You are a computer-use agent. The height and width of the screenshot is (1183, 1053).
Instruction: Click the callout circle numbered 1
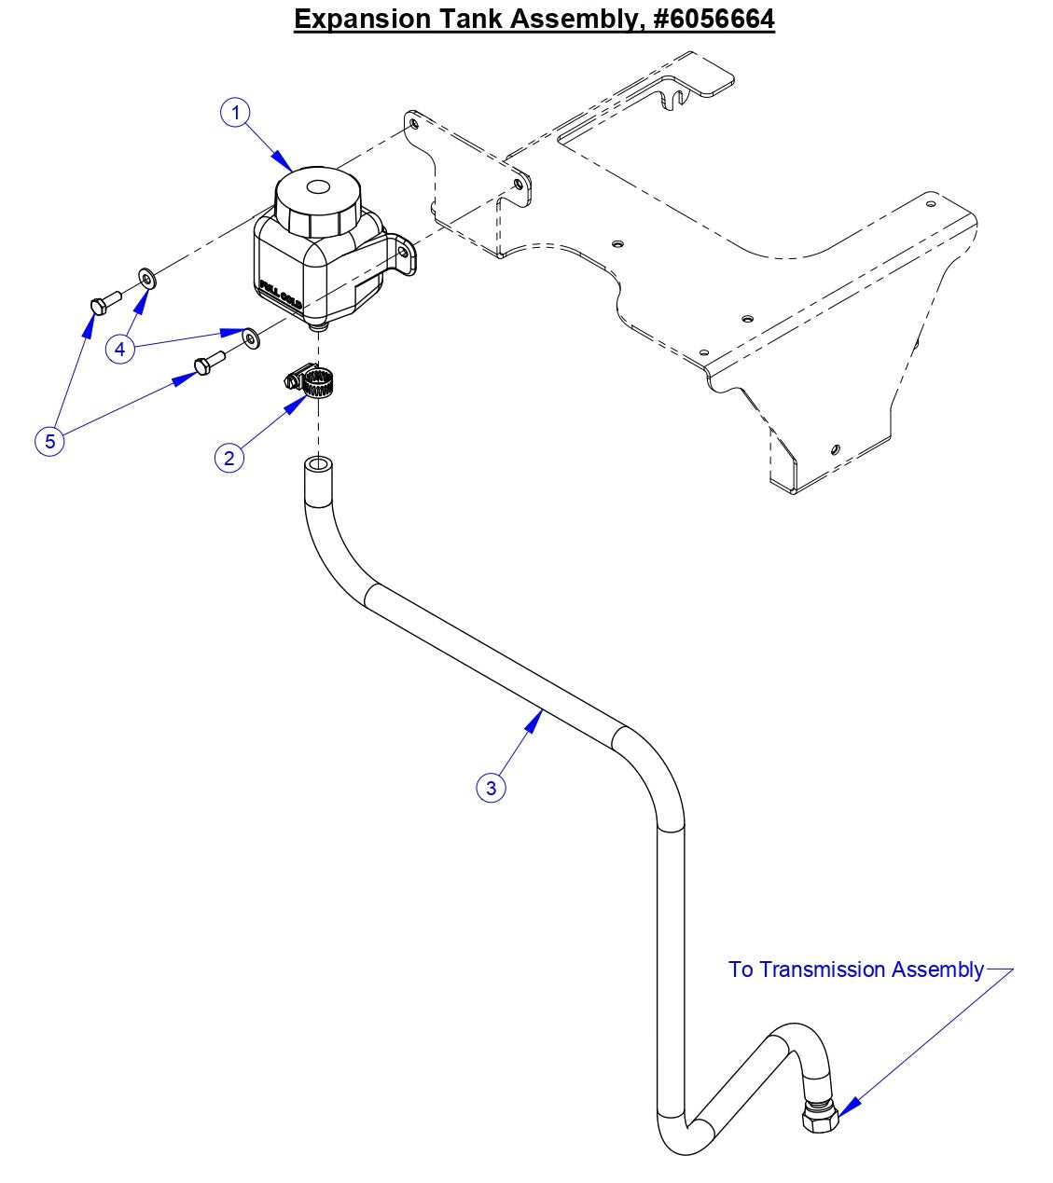tap(236, 113)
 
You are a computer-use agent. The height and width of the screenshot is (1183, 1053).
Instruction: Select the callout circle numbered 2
tap(229, 458)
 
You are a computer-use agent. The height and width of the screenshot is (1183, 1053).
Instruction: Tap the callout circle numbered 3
tap(492, 788)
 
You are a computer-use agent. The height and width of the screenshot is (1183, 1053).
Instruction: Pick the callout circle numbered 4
tap(120, 350)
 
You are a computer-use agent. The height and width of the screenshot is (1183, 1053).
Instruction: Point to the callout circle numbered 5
tap(50, 441)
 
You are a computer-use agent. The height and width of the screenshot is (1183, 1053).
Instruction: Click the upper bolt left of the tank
tap(103, 301)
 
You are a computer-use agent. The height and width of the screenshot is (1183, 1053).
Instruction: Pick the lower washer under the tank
tap(251, 337)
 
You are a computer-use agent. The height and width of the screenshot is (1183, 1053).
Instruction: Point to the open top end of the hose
tap(319, 463)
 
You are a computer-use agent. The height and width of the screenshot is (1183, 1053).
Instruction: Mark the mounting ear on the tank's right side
tap(405, 256)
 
